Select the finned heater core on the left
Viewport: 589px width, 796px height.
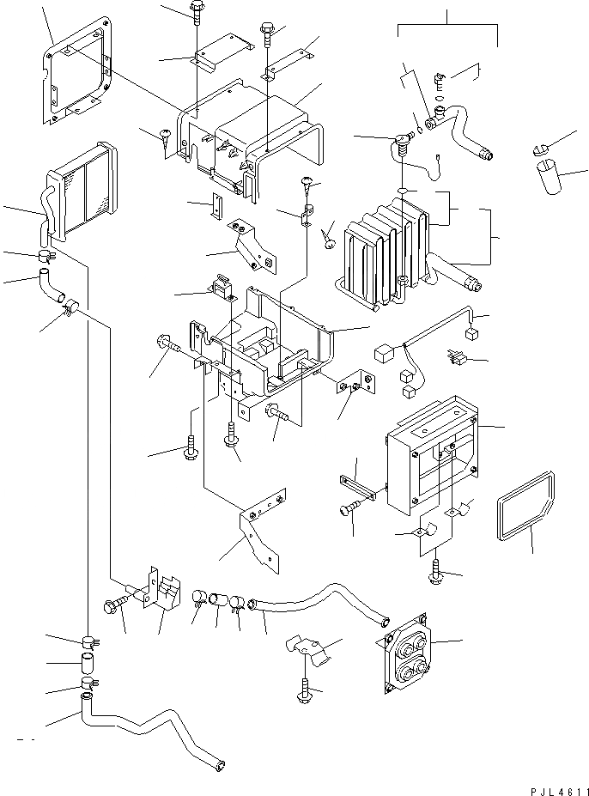(82, 189)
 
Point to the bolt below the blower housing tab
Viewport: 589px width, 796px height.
(436, 571)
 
